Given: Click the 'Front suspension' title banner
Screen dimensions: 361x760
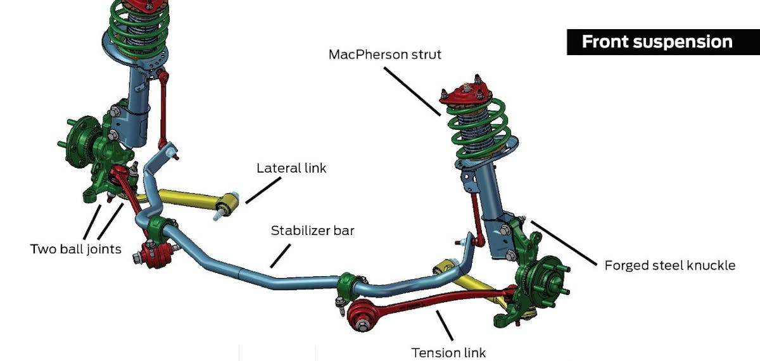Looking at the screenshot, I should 657,42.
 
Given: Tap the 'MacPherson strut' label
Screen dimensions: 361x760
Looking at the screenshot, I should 384,54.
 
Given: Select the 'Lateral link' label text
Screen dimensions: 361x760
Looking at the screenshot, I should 292,169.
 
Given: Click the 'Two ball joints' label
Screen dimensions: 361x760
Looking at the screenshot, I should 75,249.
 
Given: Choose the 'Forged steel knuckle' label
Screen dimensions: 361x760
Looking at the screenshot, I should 670,265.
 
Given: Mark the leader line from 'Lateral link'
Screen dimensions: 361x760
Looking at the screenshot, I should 262,191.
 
